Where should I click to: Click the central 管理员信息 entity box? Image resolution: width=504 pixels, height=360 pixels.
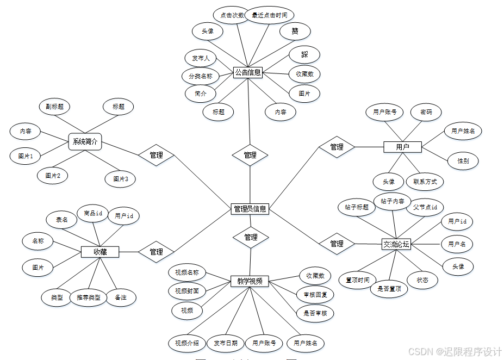pyautogui.click(x=250, y=208)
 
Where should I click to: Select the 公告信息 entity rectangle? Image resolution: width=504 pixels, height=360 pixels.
pyautogui.click(x=247, y=72)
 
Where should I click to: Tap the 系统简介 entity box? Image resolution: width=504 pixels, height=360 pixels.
pyautogui.click(x=85, y=142)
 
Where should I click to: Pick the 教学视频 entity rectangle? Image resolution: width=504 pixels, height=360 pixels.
pyautogui.click(x=250, y=281)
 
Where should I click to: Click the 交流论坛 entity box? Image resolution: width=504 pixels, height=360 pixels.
pyautogui.click(x=396, y=244)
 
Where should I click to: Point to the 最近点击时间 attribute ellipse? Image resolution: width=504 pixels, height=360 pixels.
pyautogui.click(x=269, y=15)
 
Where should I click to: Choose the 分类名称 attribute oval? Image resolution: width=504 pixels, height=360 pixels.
pyautogui.click(x=201, y=77)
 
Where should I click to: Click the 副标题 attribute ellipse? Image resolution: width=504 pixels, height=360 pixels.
pyautogui.click(x=54, y=107)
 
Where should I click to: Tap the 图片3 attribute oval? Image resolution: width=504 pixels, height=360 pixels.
pyautogui.click(x=120, y=179)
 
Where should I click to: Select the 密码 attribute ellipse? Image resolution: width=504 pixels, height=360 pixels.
pyautogui.click(x=426, y=113)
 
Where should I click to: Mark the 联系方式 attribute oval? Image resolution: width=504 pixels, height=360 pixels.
pyautogui.click(x=425, y=182)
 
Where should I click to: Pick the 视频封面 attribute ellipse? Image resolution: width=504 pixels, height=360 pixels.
pyautogui.click(x=186, y=291)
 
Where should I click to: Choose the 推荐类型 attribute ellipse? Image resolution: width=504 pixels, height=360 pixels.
pyautogui.click(x=89, y=297)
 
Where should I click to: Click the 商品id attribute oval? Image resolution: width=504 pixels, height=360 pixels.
pyautogui.click(x=92, y=214)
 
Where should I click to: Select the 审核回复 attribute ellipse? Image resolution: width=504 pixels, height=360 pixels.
pyautogui.click(x=315, y=295)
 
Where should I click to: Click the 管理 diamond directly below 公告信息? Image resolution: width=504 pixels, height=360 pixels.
pyautogui.click(x=250, y=155)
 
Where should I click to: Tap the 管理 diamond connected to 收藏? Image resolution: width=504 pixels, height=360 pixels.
pyautogui.click(x=156, y=252)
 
